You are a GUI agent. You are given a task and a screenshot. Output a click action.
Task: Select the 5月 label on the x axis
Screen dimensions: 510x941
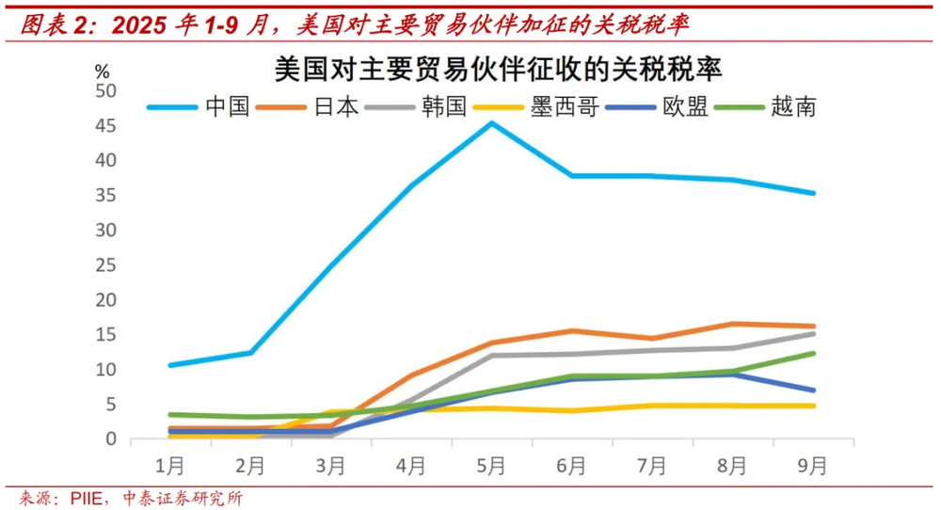coord(490,464)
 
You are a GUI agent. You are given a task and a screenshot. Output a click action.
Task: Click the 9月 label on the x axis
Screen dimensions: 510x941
coord(812,464)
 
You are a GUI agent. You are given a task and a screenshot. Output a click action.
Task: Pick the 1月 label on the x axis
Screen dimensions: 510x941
coord(168,464)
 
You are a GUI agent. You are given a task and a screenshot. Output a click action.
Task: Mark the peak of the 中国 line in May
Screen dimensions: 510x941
coord(490,122)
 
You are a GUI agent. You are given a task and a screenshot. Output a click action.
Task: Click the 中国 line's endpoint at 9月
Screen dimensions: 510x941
coord(812,193)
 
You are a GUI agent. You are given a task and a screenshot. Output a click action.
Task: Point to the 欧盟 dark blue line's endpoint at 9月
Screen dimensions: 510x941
coord(812,390)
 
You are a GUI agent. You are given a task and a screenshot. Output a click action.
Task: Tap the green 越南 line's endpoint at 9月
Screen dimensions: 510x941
coord(812,353)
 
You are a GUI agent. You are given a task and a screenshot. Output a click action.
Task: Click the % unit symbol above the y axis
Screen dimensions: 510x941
coord(103,71)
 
